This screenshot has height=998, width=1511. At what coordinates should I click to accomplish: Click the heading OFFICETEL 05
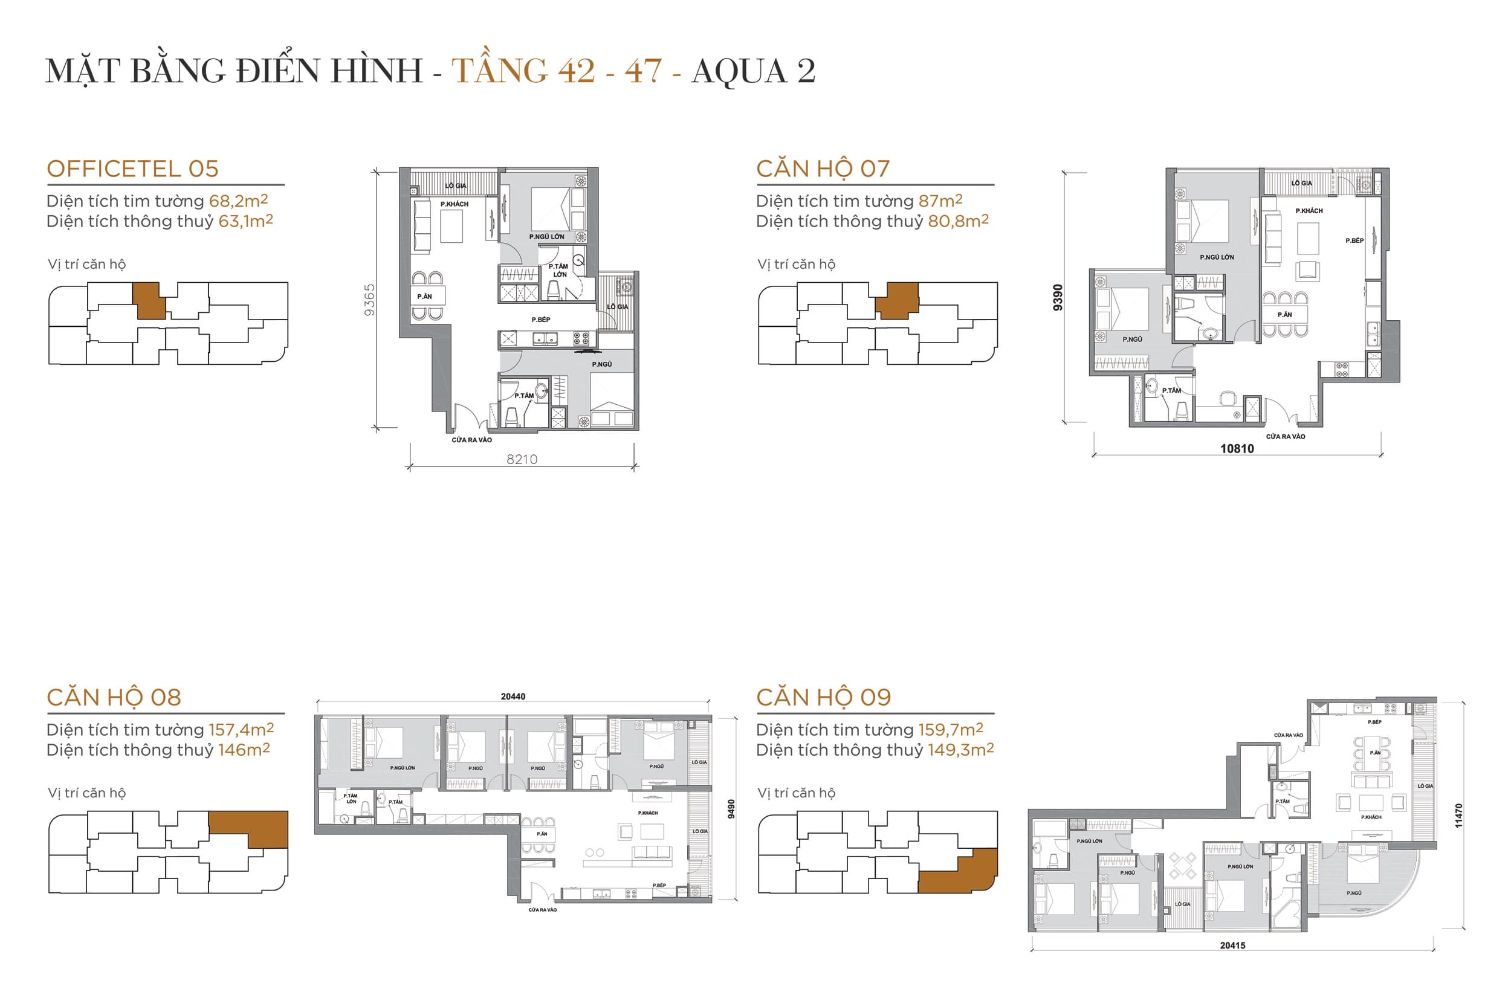click(132, 169)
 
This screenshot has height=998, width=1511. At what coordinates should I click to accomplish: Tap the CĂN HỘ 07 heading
click(823, 169)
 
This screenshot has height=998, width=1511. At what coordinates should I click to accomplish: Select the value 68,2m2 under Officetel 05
click(238, 201)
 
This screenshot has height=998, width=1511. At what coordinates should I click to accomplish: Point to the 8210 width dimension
click(522, 459)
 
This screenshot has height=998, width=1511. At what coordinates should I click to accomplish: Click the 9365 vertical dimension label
click(369, 300)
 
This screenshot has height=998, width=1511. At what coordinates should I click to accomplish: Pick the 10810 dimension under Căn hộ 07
click(1237, 449)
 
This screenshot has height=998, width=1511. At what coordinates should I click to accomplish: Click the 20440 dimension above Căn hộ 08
click(513, 697)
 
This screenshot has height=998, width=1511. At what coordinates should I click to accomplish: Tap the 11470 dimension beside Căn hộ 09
click(1458, 816)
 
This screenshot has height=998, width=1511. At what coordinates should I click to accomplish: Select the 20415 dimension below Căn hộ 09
click(1232, 946)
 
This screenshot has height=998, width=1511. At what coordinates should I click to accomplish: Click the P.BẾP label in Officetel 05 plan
click(540, 320)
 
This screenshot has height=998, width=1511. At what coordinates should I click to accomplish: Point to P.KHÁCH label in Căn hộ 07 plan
click(1309, 211)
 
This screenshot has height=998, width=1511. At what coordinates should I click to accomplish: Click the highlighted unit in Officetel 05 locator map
click(150, 300)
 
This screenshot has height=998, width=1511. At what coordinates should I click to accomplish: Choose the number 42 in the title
click(576, 71)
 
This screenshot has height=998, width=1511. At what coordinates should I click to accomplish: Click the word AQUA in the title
click(739, 71)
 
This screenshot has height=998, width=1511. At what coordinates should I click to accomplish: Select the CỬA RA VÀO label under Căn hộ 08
click(542, 910)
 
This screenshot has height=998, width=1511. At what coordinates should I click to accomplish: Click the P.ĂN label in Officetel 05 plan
click(424, 297)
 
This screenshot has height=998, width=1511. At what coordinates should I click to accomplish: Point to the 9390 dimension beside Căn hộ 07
click(1058, 297)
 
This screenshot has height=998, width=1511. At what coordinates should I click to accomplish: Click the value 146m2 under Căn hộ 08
click(244, 750)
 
